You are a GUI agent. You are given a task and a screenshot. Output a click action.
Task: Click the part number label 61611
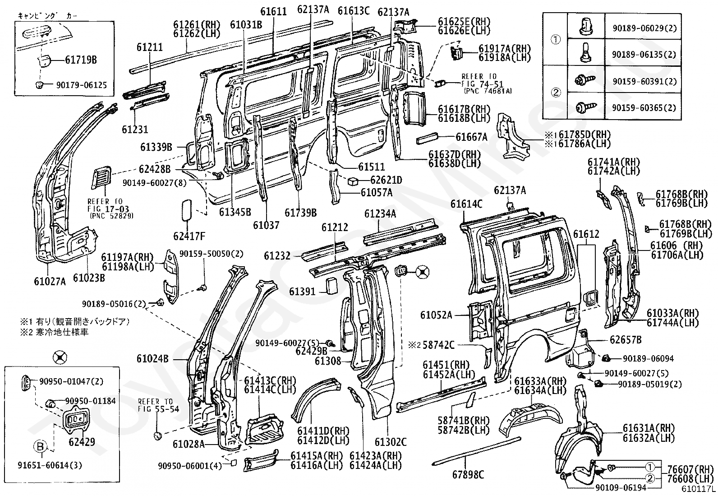coord(273,12)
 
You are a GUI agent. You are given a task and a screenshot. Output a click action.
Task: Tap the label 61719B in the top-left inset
coord(81,60)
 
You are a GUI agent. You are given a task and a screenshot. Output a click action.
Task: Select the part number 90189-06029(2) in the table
coord(644,28)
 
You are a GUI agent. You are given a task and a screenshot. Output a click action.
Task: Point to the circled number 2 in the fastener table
coord(556,93)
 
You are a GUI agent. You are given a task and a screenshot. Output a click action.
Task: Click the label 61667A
coord(471,137)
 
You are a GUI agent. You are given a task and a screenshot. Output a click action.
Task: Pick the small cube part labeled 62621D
coord(353,181)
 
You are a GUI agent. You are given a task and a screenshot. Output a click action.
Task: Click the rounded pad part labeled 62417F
coord(187,210)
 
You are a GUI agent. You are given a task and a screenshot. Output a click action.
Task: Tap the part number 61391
coord(302,292)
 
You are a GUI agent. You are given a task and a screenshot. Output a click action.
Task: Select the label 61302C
coord(391,442)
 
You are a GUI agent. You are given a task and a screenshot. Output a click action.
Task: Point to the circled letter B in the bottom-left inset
coord(41,446)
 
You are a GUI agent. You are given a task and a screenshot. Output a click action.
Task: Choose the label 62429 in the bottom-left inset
coord(82,442)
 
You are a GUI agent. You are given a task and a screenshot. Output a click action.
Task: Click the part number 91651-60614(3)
coord(50,465)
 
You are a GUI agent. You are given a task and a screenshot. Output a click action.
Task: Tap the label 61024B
coord(152,358)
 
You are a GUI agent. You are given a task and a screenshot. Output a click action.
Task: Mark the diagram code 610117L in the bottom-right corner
coord(698,489)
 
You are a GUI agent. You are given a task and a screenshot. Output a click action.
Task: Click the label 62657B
coord(626,339)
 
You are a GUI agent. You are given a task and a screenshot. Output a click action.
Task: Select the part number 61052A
coord(436,315)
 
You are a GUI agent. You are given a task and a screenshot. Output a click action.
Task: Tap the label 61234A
coord(380,213)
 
